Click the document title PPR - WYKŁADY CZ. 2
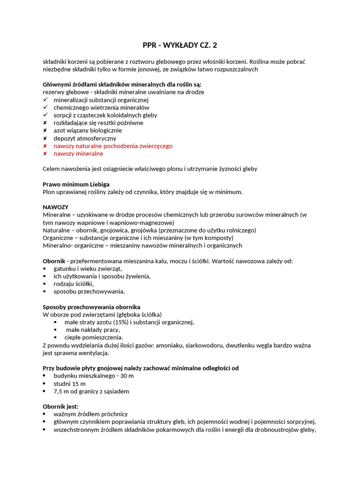[x=180, y=45]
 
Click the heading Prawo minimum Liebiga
[x=76, y=184]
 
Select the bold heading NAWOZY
[x=56, y=207]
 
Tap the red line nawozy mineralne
[x=78, y=154]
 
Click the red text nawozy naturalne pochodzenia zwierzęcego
[x=113, y=146]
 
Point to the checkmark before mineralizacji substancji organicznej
[x=45, y=100]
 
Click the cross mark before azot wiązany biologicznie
[x=45, y=130]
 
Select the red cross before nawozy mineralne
[x=45, y=154]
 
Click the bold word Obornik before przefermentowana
[x=54, y=261]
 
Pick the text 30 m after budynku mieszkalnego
[x=127, y=376]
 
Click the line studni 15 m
[x=70, y=383]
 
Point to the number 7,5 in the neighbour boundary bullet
[x=59, y=391]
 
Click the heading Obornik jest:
[x=60, y=406]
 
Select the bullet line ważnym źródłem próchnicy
[x=90, y=414]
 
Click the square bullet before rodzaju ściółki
[x=45, y=284]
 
